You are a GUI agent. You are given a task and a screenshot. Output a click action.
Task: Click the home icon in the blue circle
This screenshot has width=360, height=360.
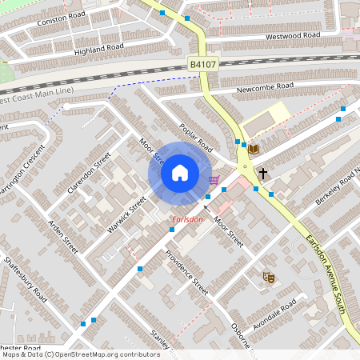click(x=180, y=173)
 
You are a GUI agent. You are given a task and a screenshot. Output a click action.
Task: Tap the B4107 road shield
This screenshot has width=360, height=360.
click(x=202, y=64)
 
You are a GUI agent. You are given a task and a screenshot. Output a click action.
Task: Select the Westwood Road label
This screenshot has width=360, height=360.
click(x=293, y=36)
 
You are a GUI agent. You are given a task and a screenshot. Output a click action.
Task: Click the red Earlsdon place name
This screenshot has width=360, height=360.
click(x=188, y=219)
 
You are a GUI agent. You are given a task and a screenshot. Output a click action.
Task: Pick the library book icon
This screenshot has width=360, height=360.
click(x=254, y=149)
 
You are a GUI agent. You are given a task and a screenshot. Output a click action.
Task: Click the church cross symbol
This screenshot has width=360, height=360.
click(x=262, y=172)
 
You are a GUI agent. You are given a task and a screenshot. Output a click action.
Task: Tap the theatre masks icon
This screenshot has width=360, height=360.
click(x=270, y=278)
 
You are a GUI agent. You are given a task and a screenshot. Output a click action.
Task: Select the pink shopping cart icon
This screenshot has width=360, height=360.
click(x=214, y=180)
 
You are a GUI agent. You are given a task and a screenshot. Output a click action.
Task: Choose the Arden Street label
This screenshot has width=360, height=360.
click(x=63, y=237)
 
